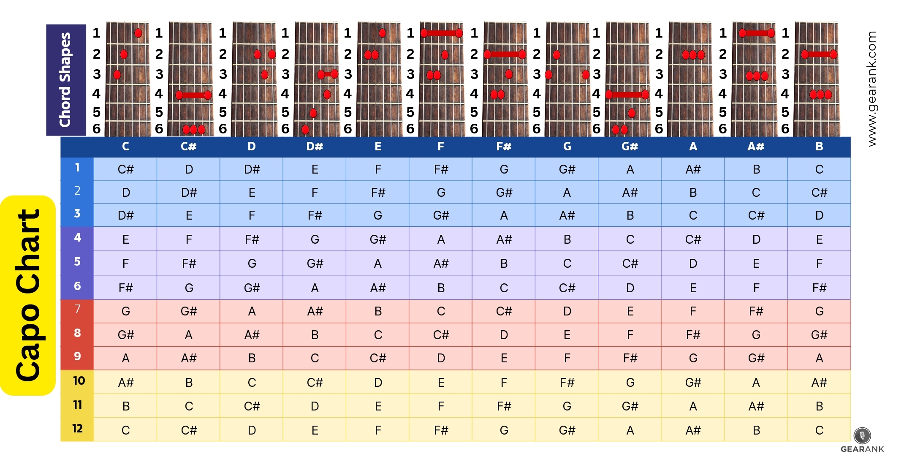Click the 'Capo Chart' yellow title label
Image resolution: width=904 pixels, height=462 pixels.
(28, 295)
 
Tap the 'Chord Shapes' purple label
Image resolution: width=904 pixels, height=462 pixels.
(65, 80)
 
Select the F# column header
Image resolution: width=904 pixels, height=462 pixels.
(504, 147)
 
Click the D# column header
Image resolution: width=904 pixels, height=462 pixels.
(315, 147)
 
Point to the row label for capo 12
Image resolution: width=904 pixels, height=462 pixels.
(77, 429)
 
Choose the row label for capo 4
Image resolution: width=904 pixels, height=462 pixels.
(77, 238)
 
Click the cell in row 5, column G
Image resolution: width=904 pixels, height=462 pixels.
(567, 264)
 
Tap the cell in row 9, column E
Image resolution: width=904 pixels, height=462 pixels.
(378, 358)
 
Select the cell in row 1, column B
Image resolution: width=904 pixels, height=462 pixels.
(819, 169)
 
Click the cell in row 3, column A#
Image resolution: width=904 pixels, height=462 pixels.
(756, 215)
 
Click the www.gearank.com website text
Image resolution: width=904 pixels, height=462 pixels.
(871, 89)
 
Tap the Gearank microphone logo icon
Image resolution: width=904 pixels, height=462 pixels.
(862, 435)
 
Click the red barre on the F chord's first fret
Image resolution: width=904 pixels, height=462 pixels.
(441, 33)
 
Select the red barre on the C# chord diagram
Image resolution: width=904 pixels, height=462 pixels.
(193, 95)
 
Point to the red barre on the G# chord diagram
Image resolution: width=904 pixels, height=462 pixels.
(627, 95)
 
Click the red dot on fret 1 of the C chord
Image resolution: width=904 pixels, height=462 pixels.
(138, 33)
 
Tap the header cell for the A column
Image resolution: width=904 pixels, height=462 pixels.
(693, 147)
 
